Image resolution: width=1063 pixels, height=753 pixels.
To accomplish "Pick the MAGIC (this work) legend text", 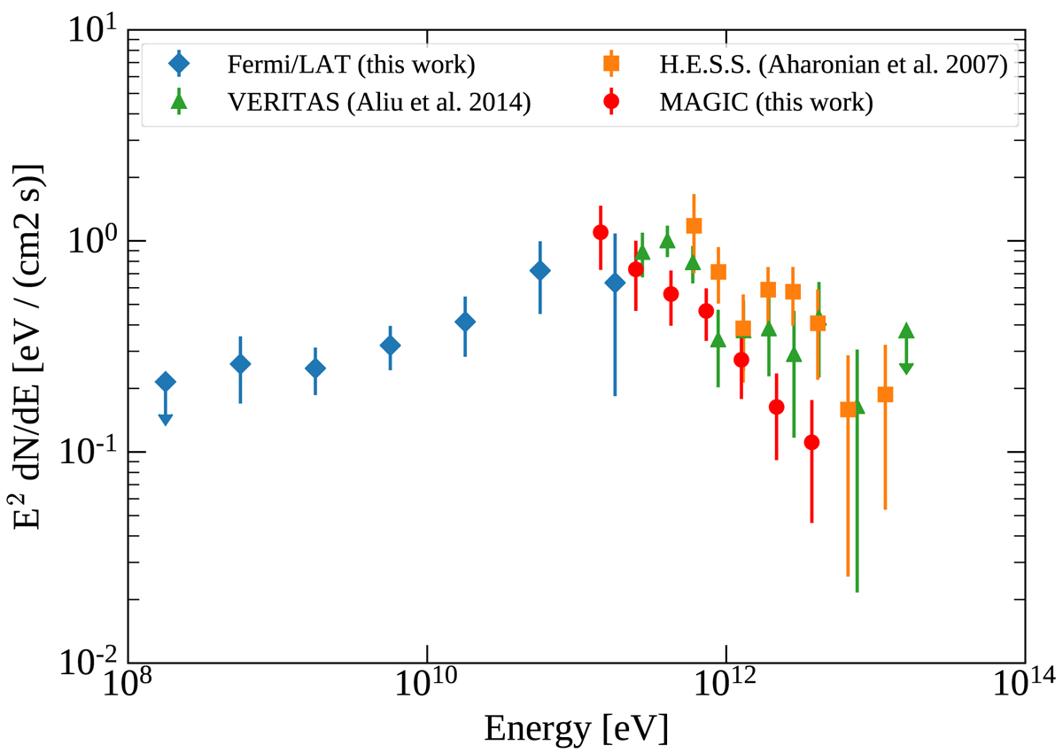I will pos(766,103).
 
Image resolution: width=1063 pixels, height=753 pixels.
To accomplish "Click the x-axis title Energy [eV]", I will pos(576,728).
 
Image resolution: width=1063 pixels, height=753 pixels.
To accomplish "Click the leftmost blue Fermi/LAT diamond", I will pos(165,382).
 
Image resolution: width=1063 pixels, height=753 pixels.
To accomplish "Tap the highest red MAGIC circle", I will pos(601,232).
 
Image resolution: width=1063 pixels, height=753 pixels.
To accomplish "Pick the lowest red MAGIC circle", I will pos(811,442).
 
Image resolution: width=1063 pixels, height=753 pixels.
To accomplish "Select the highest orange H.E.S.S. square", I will pos(694,226).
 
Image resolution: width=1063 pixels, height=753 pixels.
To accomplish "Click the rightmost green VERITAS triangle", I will pos(905,331).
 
